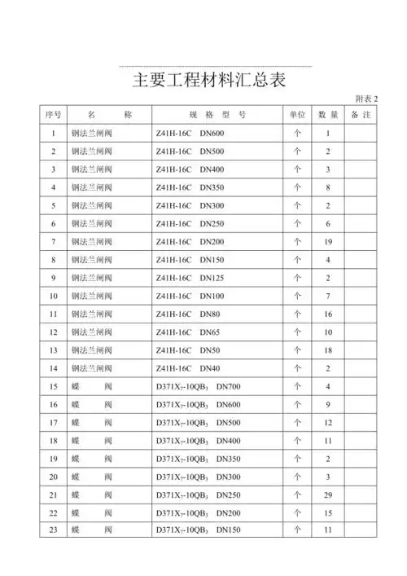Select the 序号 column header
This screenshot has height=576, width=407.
pos(53,115)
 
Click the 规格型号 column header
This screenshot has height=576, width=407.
pos(215,115)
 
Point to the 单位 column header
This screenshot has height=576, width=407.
pos(297,115)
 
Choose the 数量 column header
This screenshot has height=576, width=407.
pos(328,115)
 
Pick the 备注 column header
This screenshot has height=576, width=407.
pos(361,115)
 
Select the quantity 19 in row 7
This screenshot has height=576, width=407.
pos(328,241)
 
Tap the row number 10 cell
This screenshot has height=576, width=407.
pos(53,296)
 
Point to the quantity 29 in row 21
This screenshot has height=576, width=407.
pos(328,495)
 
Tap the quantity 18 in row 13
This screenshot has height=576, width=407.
pos(328,350)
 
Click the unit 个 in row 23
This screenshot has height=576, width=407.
pos(297,530)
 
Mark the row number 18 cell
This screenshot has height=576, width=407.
pos(53,441)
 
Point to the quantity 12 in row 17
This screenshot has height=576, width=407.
pos(328,423)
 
